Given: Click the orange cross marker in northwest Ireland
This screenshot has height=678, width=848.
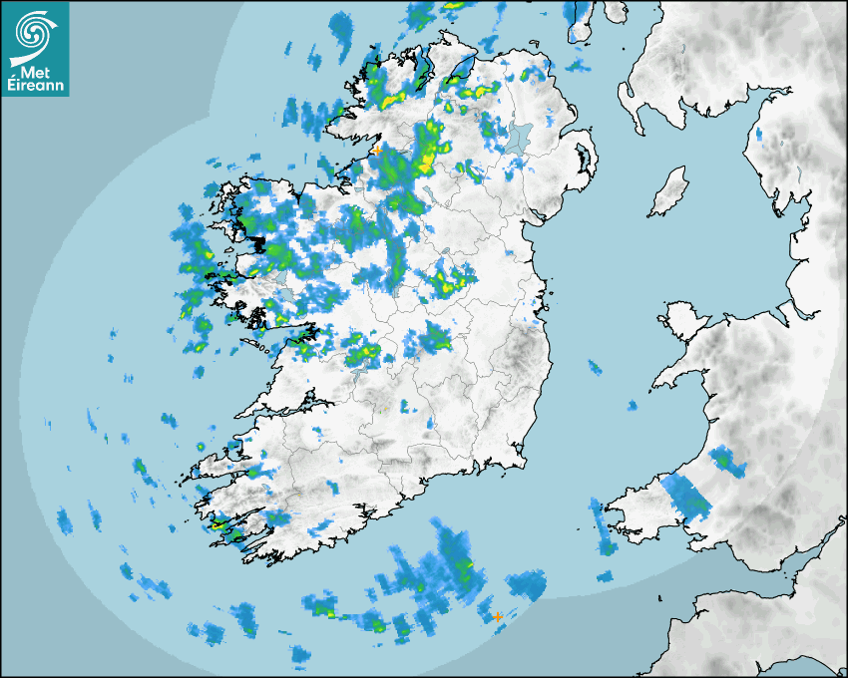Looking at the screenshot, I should click(x=377, y=150).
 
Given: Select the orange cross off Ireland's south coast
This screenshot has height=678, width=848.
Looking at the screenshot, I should click(x=497, y=617).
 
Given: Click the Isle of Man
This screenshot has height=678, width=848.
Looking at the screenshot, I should click(x=669, y=192).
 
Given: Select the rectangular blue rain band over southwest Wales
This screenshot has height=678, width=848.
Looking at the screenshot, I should click(x=687, y=496).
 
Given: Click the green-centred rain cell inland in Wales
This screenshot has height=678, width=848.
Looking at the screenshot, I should click(x=725, y=462).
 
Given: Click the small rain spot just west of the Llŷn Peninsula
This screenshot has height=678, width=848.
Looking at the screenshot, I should click(x=632, y=405).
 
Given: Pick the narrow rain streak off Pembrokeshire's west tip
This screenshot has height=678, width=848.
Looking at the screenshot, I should click(x=604, y=528).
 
